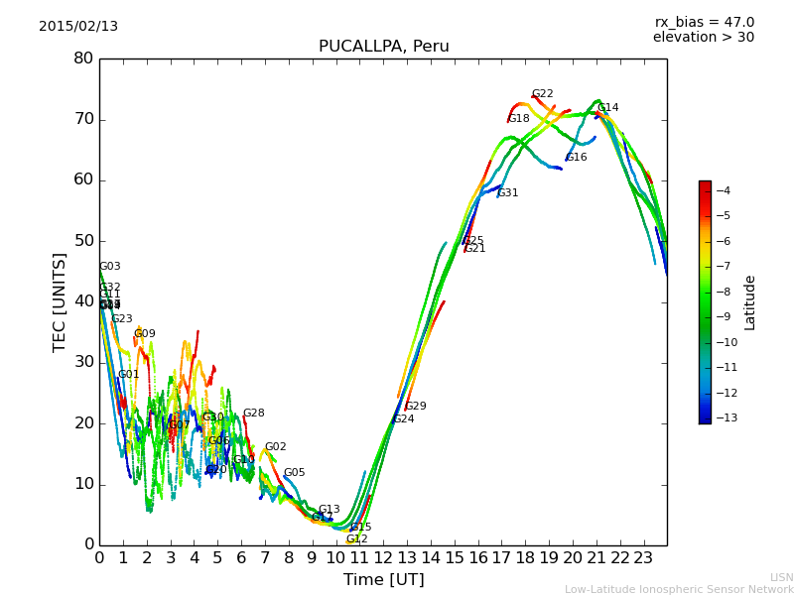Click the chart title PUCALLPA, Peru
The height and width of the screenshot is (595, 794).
coord(383,47)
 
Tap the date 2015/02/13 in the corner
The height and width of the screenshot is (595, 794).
coord(78,27)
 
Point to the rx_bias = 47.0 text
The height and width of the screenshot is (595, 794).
coord(704,22)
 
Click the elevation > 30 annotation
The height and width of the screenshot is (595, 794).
coord(703,38)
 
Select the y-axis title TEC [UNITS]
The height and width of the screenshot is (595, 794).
coord(60,301)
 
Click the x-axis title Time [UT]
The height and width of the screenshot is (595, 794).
coord(383,579)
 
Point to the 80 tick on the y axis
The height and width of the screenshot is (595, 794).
coord(83,59)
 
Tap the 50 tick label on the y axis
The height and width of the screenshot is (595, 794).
coord(83,241)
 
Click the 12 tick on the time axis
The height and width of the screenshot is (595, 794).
coord(383,557)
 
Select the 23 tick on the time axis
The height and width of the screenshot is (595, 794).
coord(644,557)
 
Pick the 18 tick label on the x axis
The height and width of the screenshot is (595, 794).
coord(525,557)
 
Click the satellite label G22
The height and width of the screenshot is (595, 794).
coord(542,94)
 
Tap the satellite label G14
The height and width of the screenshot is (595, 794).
coord(607,108)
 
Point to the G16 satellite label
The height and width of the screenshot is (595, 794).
coord(576,158)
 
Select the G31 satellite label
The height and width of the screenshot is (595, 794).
coord(507,193)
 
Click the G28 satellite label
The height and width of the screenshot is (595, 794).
coord(253,414)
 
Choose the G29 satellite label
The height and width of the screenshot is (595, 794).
coord(415,407)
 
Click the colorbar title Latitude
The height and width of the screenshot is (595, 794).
coord(750,301)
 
